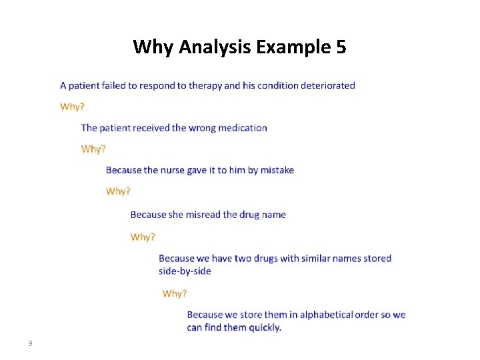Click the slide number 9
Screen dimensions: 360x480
point(30,343)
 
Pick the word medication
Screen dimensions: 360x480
point(242,128)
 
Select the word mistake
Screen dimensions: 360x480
point(277,170)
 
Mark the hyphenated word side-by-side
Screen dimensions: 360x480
point(185,271)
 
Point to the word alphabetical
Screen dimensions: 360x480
point(330,315)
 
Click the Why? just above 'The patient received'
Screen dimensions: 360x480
point(72,107)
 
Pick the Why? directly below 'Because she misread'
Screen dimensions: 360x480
point(143,237)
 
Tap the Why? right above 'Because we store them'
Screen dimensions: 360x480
point(175,293)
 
